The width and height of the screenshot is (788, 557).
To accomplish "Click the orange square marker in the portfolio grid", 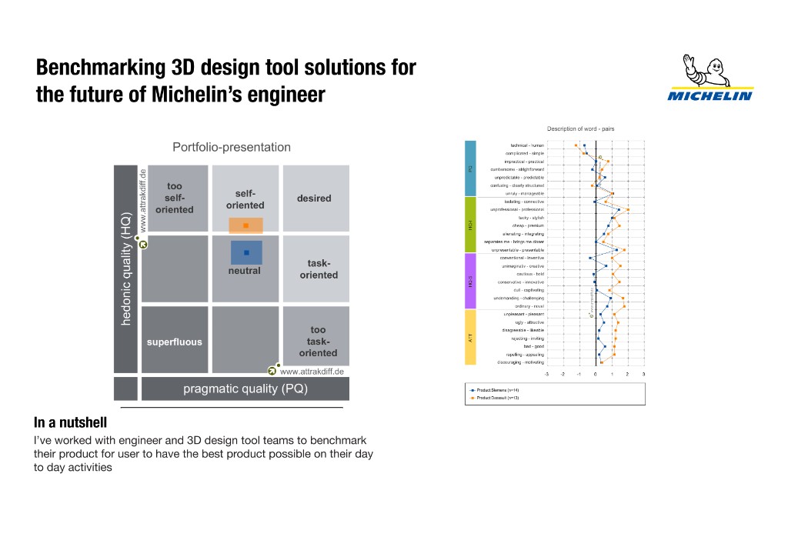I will click(x=245, y=225).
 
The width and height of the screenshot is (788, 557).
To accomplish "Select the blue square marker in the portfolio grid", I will click(x=246, y=252).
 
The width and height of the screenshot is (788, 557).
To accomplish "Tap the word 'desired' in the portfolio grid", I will click(x=314, y=198).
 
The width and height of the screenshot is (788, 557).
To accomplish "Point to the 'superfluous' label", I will click(x=175, y=342).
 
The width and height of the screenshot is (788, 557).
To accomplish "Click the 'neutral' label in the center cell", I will click(x=244, y=271).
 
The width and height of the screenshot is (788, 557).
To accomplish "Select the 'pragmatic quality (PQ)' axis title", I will click(x=245, y=389).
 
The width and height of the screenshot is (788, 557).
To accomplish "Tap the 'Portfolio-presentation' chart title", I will click(x=232, y=147).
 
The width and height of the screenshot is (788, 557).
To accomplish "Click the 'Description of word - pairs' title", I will click(x=580, y=128).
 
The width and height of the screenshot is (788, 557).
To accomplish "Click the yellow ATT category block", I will click(x=471, y=337).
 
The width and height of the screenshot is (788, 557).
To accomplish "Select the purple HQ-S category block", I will click(x=471, y=281).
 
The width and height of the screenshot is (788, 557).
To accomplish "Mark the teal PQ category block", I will click(x=471, y=168).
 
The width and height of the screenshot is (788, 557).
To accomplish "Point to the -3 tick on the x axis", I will click(x=546, y=374).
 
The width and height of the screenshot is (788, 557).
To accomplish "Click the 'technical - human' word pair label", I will click(x=526, y=145).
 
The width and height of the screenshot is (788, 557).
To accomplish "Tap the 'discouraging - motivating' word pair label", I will click(x=521, y=362).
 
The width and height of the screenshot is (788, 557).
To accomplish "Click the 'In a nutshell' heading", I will click(x=70, y=423).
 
